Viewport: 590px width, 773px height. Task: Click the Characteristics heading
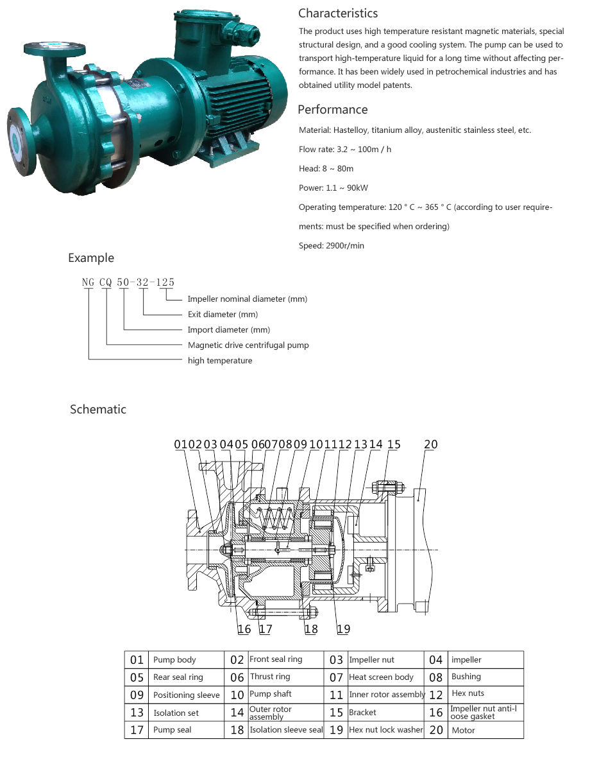tap(337, 13)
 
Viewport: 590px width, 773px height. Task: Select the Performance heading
tap(333, 110)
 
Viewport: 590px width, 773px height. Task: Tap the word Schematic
tap(97, 409)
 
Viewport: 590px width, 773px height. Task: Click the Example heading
tap(91, 258)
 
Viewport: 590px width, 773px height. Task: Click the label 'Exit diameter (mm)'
tap(223, 314)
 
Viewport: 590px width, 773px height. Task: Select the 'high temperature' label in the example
tap(220, 360)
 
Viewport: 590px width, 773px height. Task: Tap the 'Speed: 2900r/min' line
tap(331, 245)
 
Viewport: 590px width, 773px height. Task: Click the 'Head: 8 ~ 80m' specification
tap(326, 168)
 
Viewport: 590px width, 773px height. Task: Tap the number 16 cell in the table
tap(435, 713)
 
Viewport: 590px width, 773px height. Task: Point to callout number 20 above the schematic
tap(431, 444)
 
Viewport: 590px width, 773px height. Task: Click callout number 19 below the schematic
tap(344, 629)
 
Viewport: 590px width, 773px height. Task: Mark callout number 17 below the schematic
tap(265, 629)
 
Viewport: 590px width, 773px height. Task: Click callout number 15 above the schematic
tap(394, 444)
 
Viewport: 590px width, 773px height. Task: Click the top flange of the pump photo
tap(55, 48)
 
